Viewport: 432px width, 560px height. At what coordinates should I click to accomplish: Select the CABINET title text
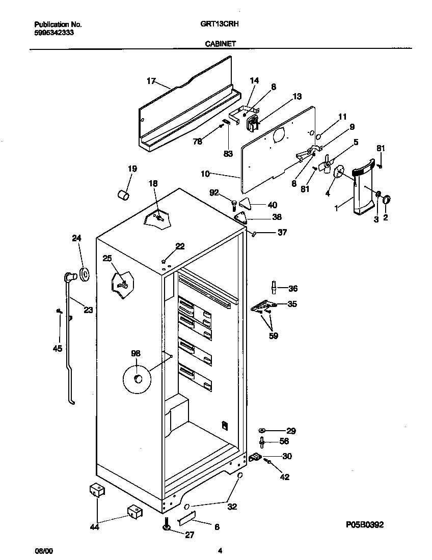click(x=220, y=44)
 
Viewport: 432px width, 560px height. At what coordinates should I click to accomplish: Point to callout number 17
click(x=151, y=80)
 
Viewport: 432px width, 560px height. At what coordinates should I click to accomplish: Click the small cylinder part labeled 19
click(x=123, y=194)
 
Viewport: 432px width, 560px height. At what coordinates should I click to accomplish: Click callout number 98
click(x=136, y=353)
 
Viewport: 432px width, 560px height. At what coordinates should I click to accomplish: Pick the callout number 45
click(x=57, y=348)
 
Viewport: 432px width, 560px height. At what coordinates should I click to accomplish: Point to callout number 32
click(x=232, y=507)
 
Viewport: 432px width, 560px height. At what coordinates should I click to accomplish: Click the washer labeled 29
click(x=262, y=430)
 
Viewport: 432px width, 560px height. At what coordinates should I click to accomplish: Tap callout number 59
click(x=274, y=336)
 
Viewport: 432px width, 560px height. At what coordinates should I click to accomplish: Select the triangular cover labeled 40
click(x=246, y=203)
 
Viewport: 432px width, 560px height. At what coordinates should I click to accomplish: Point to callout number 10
click(x=205, y=174)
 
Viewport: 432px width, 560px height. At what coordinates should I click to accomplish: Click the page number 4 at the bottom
click(x=220, y=550)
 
